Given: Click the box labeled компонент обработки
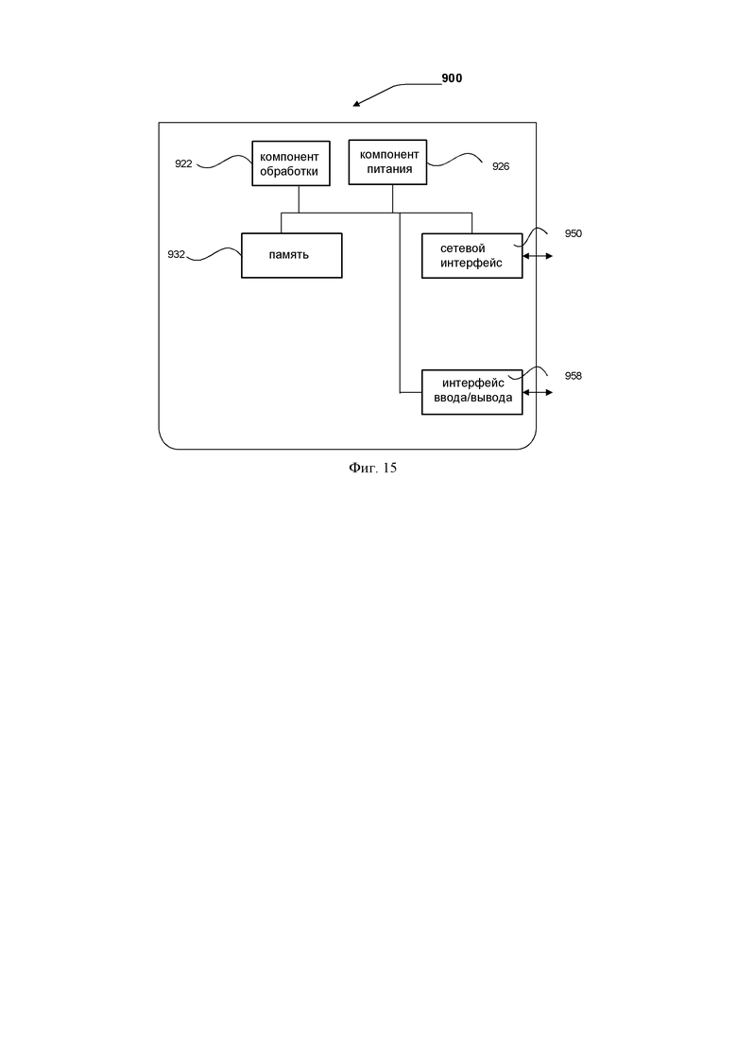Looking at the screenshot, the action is point(290,163).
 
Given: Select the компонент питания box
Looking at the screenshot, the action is point(387,162).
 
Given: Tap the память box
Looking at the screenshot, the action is point(291,255).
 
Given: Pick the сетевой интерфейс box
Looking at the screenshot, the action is point(471,256).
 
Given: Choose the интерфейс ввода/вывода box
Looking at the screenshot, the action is point(471,392).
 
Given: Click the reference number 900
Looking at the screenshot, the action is point(452,78).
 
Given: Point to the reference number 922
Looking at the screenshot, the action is point(183,163).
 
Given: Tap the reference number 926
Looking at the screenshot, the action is point(501,166).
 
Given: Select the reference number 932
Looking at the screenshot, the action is point(176,254).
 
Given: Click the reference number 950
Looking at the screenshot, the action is point(573,233).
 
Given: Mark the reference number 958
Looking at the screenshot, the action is point(573,376).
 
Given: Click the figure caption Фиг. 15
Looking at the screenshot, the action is point(373,468).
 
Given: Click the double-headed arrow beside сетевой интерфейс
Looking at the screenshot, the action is point(538,256).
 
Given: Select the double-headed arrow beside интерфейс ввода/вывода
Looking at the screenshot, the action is point(538,393).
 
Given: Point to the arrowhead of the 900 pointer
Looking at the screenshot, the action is point(353,106).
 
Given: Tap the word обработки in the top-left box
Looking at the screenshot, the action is point(289,171).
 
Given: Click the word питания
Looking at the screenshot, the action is point(389,169).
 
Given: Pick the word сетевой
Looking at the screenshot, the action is point(463,248).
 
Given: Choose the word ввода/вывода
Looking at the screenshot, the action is point(473,398).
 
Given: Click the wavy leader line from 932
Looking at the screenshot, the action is point(214,254).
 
